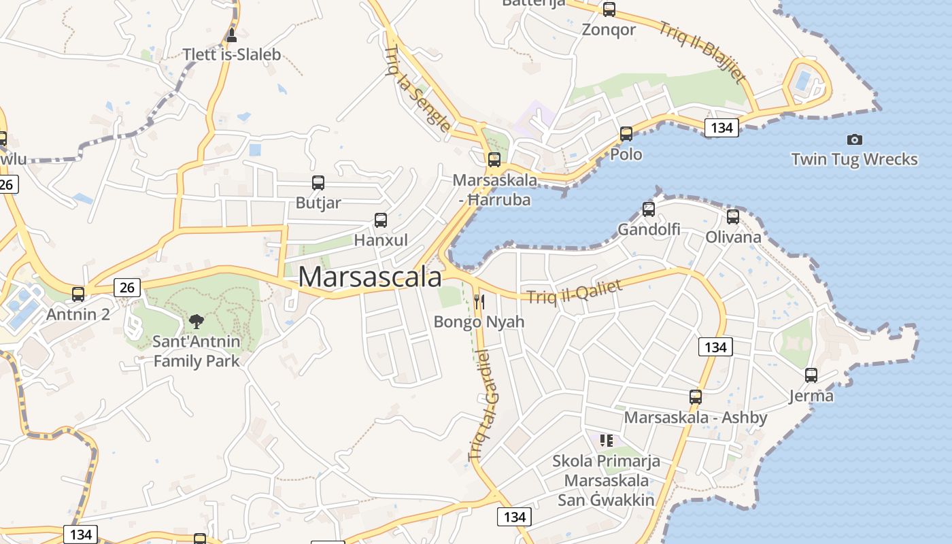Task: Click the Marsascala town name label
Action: click(x=370, y=277)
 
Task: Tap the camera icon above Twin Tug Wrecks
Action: click(x=854, y=139)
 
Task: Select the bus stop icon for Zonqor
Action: click(x=609, y=10)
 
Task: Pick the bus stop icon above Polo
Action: click(x=626, y=133)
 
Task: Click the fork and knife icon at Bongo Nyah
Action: click(x=479, y=301)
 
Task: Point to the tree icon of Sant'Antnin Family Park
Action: click(x=196, y=321)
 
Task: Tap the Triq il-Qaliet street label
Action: click(x=575, y=292)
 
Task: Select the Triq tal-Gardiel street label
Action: click(x=479, y=405)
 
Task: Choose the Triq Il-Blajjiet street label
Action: click(x=702, y=52)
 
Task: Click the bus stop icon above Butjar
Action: click(x=318, y=182)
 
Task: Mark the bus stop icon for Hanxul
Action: click(x=381, y=220)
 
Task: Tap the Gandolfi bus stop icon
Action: click(x=649, y=209)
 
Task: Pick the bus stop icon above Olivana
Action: click(x=732, y=217)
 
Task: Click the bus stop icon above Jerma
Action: click(x=811, y=375)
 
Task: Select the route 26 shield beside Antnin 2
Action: click(x=127, y=287)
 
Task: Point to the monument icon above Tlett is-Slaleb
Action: click(x=232, y=35)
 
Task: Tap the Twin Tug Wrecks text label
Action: click(x=854, y=160)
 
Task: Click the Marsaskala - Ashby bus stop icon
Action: click(x=695, y=396)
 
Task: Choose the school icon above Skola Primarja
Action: click(x=607, y=440)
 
